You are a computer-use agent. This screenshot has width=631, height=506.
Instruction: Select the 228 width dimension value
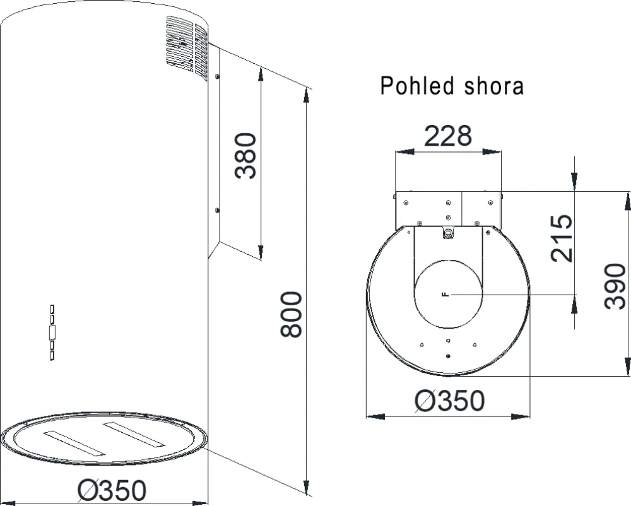[448, 136]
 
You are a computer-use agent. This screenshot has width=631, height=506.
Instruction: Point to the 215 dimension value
[562, 238]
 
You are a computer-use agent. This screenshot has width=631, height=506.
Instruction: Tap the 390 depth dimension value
[615, 287]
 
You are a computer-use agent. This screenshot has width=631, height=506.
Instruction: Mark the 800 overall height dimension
[292, 314]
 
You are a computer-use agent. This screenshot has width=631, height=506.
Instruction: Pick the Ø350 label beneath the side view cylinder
[112, 490]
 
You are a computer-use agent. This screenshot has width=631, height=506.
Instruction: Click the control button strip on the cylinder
[52, 332]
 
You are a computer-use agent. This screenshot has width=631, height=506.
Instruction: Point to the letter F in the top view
[446, 295]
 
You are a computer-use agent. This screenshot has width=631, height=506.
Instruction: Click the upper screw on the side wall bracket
[216, 76]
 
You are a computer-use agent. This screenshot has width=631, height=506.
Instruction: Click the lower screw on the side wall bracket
[216, 209]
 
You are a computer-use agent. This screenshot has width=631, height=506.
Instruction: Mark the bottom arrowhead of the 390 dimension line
[627, 368]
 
